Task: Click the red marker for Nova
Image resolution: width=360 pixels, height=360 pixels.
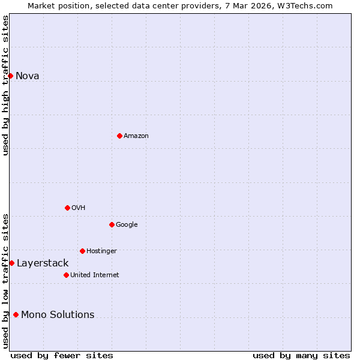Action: tap(10, 76)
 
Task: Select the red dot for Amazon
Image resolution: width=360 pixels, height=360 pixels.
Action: tap(119, 136)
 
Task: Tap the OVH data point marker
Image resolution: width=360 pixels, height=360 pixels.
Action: tap(67, 208)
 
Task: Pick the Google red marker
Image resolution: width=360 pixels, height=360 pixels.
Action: tap(112, 224)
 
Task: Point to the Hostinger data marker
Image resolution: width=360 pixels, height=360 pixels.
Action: tap(82, 251)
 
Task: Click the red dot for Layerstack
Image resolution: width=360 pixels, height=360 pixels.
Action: tap(11, 263)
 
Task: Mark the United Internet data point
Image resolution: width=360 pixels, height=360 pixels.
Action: tap(66, 275)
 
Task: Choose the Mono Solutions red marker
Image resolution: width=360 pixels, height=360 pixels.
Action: tap(16, 314)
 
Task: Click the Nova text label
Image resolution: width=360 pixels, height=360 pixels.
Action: tap(28, 76)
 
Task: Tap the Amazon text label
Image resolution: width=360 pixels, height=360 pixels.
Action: tap(136, 136)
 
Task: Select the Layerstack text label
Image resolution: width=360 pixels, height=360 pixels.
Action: tap(43, 263)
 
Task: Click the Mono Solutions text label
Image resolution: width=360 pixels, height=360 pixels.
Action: tap(58, 314)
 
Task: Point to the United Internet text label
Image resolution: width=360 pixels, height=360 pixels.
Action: tap(95, 275)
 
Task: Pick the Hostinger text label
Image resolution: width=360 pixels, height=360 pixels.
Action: tap(101, 251)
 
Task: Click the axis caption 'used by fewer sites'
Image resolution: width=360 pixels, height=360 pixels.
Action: tap(62, 355)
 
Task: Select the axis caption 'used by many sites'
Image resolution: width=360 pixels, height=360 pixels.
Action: tap(301, 355)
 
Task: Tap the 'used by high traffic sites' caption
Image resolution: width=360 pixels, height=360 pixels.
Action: tap(5, 85)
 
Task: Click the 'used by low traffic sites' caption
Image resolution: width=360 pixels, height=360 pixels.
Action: tap(5, 280)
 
